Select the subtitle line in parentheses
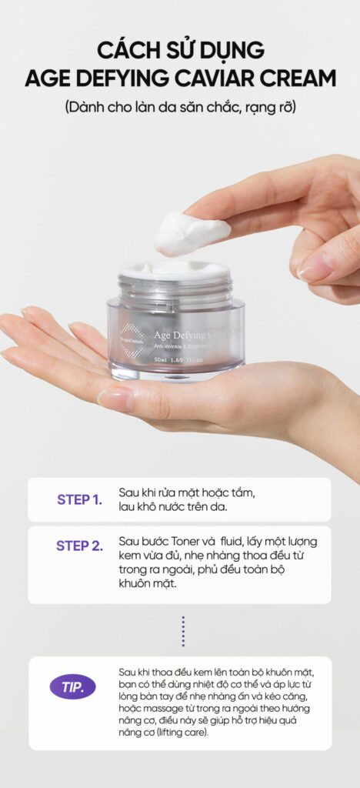(179, 107)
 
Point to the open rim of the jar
(175, 271)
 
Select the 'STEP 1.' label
(79, 499)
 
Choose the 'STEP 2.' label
(79, 546)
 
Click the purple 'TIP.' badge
(73, 686)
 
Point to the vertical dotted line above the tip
(183, 630)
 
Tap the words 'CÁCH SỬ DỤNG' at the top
(180, 50)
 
